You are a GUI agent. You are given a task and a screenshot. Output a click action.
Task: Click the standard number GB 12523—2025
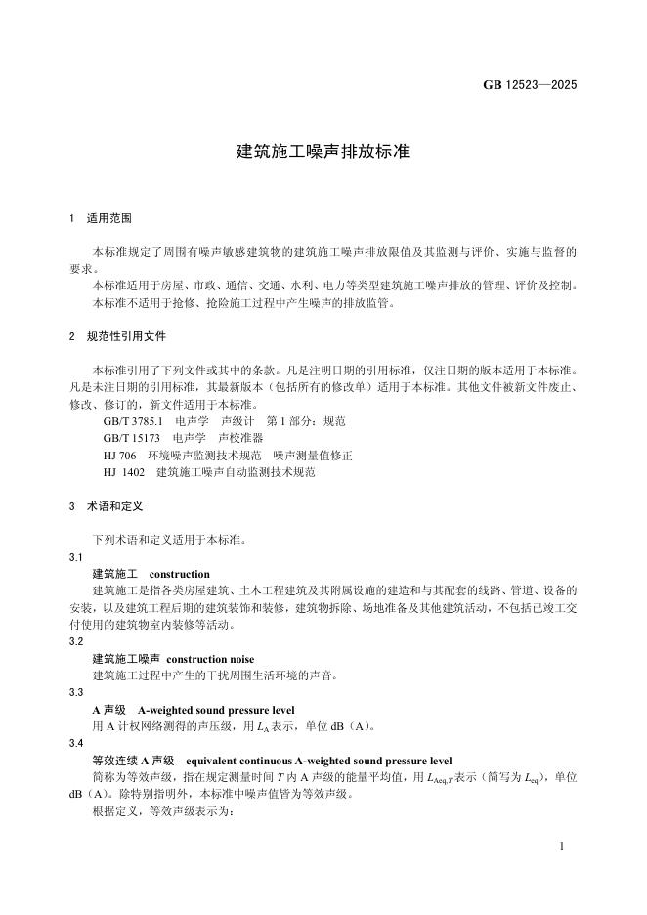[x=530, y=85]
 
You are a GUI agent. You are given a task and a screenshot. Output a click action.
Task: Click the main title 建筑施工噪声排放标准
[x=323, y=152]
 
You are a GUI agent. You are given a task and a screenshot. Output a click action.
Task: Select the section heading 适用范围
[x=108, y=217]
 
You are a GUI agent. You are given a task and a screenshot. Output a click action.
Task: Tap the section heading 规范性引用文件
[x=127, y=337]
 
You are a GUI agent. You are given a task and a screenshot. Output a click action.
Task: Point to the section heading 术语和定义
[x=114, y=507]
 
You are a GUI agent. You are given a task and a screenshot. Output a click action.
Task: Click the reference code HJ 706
[x=119, y=456]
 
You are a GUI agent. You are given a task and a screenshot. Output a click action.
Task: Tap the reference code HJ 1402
[x=123, y=472]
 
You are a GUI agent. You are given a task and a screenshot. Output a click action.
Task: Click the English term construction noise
[x=210, y=660]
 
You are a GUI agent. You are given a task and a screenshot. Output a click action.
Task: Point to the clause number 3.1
[x=76, y=557]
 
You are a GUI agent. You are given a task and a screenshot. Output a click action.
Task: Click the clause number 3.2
[x=76, y=642]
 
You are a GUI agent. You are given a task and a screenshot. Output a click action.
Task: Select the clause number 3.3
[x=76, y=693]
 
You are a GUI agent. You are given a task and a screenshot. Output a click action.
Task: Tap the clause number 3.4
[x=76, y=744]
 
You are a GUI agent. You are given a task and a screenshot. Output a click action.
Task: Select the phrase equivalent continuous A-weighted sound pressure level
[x=319, y=761]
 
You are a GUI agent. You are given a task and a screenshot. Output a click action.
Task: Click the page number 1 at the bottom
[x=563, y=845]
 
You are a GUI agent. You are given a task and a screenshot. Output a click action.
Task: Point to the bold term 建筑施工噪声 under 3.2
[x=125, y=660]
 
